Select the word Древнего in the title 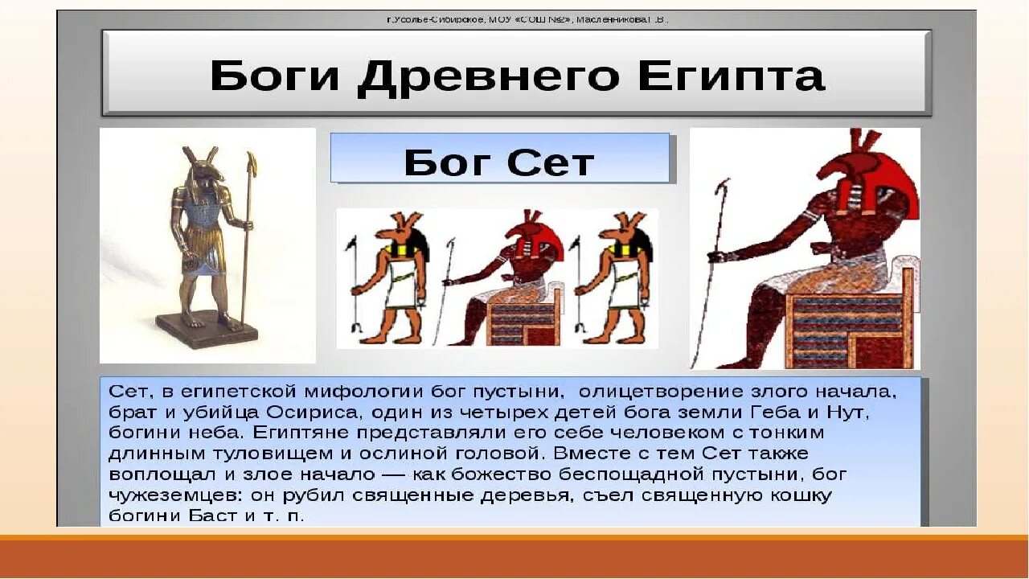pos(489,77)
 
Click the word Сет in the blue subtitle pos(552,163)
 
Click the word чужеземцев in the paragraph pos(169,495)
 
